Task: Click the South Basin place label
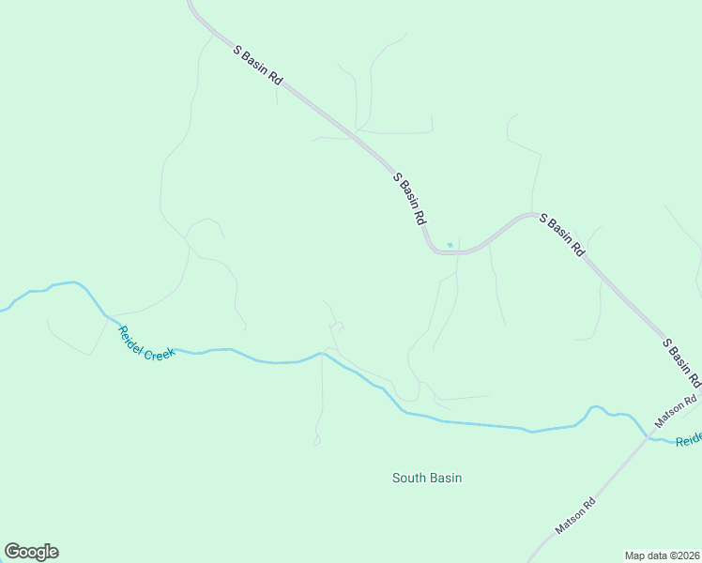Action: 427,478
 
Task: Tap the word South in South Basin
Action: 409,478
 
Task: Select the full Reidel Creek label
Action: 146,343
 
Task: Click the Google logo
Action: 31,552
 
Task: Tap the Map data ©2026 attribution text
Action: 662,555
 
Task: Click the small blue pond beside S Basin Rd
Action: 450,246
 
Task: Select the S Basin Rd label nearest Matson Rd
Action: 682,362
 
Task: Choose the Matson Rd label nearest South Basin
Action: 575,516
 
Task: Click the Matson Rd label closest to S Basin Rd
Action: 677,414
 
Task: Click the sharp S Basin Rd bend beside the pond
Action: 431,248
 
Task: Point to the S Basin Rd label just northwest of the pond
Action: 410,198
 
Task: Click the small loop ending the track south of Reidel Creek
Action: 316,441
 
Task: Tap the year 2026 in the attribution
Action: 686,555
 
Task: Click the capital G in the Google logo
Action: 13,552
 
